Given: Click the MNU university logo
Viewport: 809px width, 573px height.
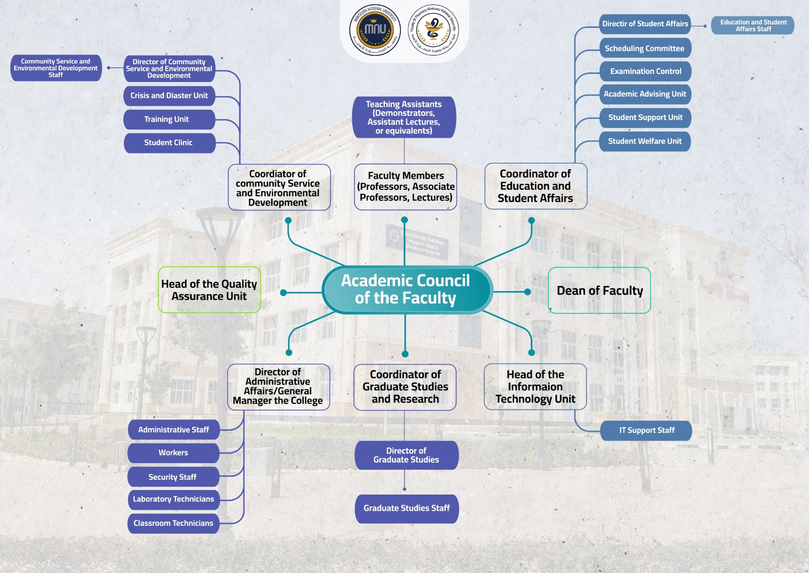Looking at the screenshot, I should tap(375, 30).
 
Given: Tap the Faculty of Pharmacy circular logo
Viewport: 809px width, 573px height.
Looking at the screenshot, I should tap(433, 30).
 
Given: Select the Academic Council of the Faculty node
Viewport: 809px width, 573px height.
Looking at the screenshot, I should tap(406, 290).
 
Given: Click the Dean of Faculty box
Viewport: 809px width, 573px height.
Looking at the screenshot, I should tap(599, 291).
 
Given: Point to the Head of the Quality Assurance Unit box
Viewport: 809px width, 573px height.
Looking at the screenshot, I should tap(209, 290).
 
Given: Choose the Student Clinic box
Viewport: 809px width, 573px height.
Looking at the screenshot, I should tap(169, 143).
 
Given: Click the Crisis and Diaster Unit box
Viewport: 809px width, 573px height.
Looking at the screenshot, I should tap(169, 96).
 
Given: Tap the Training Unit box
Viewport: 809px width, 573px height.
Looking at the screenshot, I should tap(169, 119).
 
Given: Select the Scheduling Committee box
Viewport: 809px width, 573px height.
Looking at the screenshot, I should tap(645, 49).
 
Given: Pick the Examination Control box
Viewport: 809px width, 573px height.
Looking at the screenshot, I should tap(645, 71).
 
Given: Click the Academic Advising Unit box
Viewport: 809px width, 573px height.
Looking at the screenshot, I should tap(645, 94).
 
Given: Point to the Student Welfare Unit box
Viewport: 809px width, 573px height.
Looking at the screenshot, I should tap(645, 141).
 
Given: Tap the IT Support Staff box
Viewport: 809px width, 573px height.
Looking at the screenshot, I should tap(646, 430).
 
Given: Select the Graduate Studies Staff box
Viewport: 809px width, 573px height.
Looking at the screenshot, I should tap(407, 508).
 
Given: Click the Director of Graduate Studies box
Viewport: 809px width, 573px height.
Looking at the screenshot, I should tap(407, 455).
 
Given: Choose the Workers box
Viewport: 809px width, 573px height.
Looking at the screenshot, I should tap(173, 453).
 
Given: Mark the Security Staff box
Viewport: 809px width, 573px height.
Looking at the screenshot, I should tap(173, 477).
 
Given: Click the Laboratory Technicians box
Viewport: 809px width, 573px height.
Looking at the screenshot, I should tap(173, 499).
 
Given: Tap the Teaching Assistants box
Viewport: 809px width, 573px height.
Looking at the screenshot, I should tap(404, 117).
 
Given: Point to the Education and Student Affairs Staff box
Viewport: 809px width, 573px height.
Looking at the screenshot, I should tap(753, 25).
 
